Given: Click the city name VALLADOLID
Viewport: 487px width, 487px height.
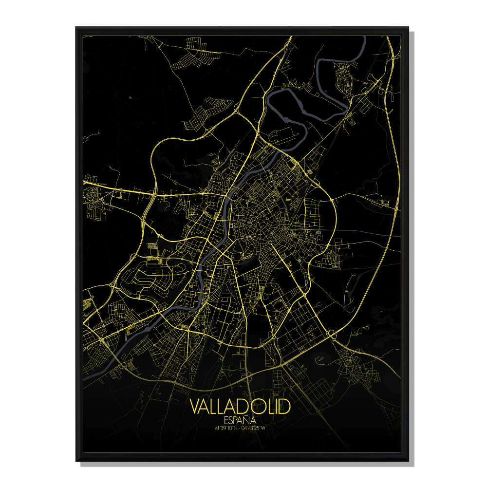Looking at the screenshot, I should [240, 406].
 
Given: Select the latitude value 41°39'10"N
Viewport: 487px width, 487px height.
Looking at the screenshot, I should [226, 429].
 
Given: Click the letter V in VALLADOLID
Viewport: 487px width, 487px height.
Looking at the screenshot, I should [195, 406].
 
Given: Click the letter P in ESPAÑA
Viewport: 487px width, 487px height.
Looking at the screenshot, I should [236, 419].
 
